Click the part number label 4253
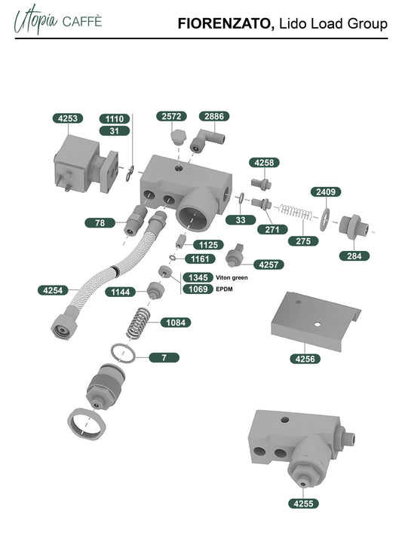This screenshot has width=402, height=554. click(x=68, y=118)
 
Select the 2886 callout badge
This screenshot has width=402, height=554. click(x=214, y=116)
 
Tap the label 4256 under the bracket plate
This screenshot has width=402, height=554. click(x=305, y=359)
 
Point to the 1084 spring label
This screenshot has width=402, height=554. click(x=176, y=323)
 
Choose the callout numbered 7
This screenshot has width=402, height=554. click(x=164, y=358)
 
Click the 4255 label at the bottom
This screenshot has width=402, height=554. click(x=303, y=503)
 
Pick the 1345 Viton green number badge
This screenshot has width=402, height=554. click(x=198, y=277)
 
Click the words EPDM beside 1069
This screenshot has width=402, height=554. click(x=224, y=289)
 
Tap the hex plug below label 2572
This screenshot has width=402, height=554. click(x=178, y=138)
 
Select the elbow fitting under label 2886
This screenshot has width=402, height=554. click(x=207, y=140)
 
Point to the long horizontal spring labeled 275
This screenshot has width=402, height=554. click(x=296, y=212)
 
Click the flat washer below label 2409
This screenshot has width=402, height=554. click(x=325, y=219)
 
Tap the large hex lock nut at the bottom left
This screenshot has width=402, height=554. click(x=87, y=424)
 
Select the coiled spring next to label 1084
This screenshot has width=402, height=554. click(x=138, y=323)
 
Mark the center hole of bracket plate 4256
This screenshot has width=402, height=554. click(x=318, y=323)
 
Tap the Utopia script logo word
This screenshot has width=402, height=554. click(x=35, y=20)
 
